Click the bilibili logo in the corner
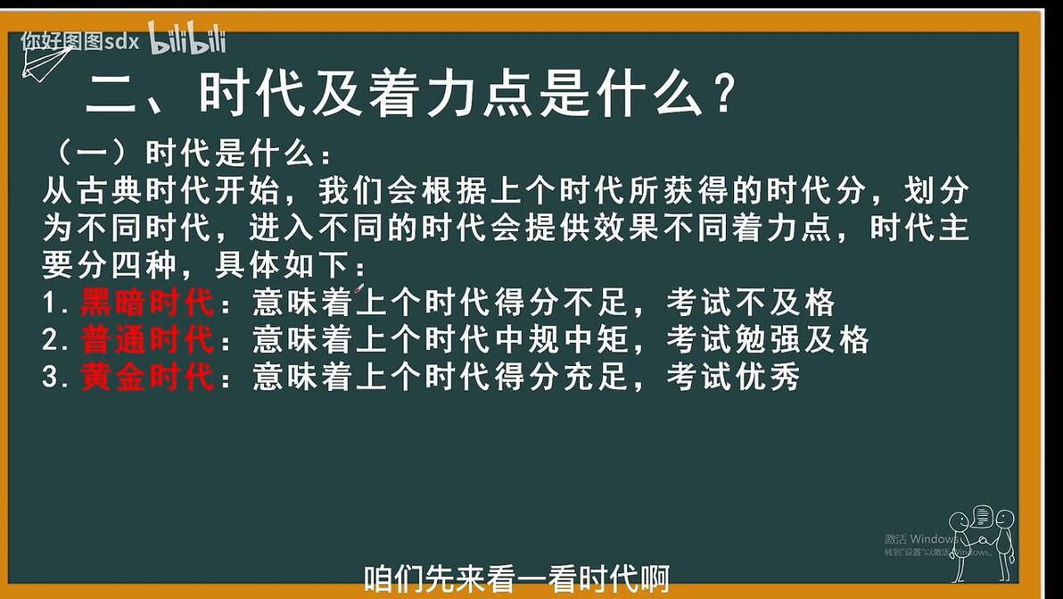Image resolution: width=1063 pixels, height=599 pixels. pos(187,38)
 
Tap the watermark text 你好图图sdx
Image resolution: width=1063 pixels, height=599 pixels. pos(80,41)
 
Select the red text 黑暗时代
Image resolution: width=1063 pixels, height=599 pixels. pos(147,302)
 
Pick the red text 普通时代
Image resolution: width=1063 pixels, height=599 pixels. pos(147,339)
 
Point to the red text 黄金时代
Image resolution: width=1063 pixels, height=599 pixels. pos(147,377)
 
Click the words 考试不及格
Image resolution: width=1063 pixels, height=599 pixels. pos(751,303)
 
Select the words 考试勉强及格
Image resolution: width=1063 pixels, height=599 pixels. pos(768,340)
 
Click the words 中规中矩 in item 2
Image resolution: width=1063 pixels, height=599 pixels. pos(561,340)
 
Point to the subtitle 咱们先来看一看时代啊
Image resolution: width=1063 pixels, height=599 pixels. pos(516,579)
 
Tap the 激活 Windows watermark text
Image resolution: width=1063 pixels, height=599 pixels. pos(921,538)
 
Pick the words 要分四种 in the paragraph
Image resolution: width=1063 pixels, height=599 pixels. pos(109,265)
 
